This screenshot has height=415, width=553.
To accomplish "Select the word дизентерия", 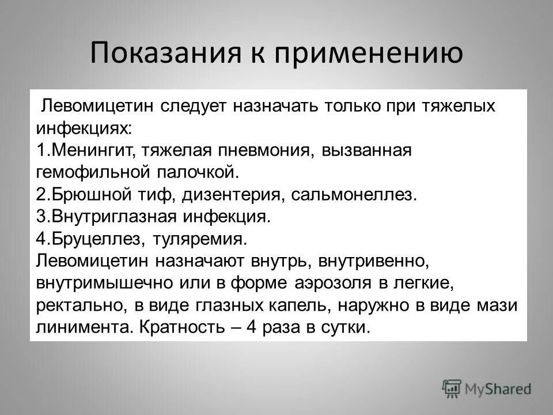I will [231, 194].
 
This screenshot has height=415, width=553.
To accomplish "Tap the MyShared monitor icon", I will [452, 388].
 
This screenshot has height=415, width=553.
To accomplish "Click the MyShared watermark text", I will [498, 389].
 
